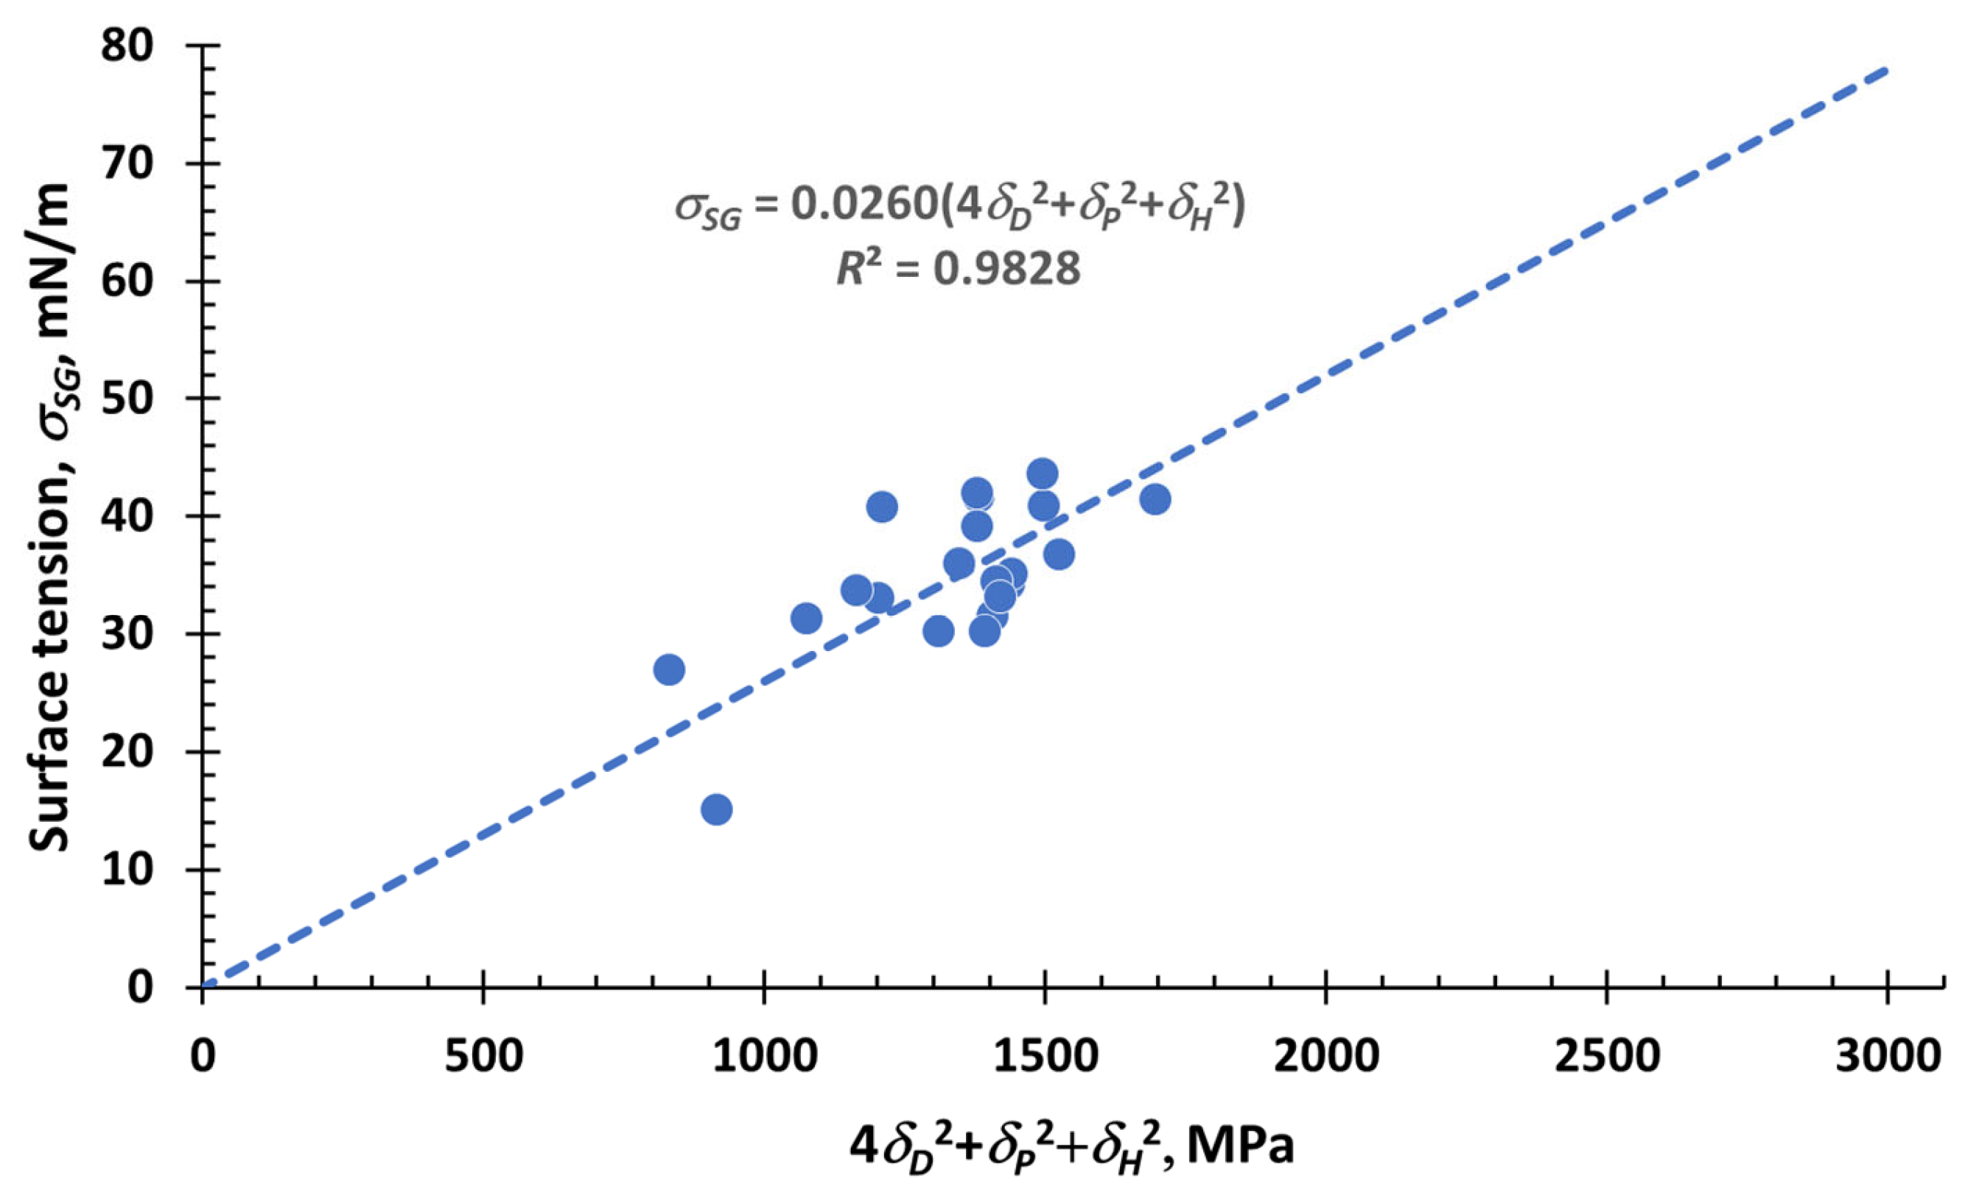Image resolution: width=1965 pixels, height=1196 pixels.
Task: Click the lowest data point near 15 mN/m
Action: click(x=716, y=810)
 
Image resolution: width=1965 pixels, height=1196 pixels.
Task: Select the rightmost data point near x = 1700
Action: click(x=1155, y=500)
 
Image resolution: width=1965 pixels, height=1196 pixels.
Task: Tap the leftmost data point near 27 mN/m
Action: click(x=669, y=669)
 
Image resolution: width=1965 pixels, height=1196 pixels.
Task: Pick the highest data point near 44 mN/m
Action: click(x=1043, y=474)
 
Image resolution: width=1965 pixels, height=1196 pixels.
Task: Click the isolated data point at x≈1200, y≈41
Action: click(x=881, y=506)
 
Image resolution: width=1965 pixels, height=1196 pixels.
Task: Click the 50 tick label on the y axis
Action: click(x=127, y=398)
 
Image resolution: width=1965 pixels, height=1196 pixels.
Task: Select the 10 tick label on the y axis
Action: click(x=127, y=870)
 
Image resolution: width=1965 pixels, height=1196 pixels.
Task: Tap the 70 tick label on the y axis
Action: click(x=127, y=164)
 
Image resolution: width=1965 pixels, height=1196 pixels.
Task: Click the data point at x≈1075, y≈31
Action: click(x=806, y=618)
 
